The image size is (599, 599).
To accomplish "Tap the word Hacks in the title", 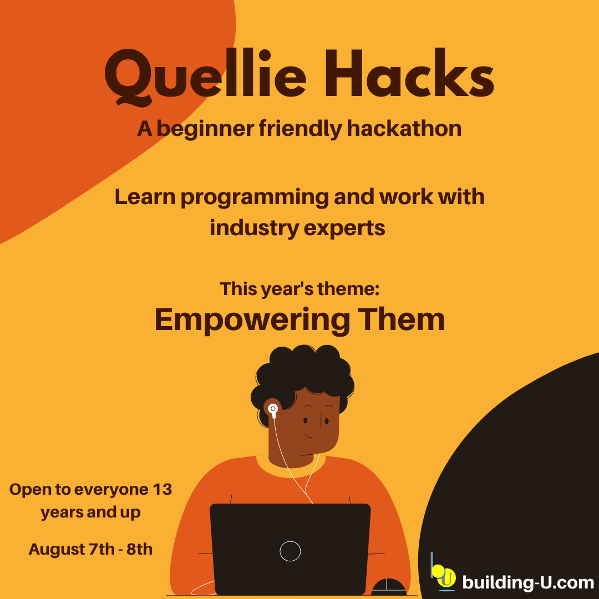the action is coord(409,73).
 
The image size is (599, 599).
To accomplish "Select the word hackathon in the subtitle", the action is coord(404,128).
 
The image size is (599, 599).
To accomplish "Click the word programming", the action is coord(255,198).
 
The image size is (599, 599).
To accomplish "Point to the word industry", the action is coord(254,227).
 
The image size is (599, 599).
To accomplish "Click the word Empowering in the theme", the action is coord(252,321).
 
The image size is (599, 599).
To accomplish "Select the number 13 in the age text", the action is coord(162,489).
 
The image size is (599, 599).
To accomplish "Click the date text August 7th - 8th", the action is coord(90,549).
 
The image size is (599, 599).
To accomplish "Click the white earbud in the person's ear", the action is coord(273,410).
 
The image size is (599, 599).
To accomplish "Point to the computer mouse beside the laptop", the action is coord(389,587).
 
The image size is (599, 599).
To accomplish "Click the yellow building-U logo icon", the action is coord(444,573).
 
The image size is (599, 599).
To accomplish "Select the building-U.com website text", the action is coord(528,582).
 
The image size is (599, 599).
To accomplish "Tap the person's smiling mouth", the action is coord(309,435).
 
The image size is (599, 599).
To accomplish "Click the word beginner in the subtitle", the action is coord(206,129).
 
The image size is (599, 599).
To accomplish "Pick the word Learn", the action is coord(145,197).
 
